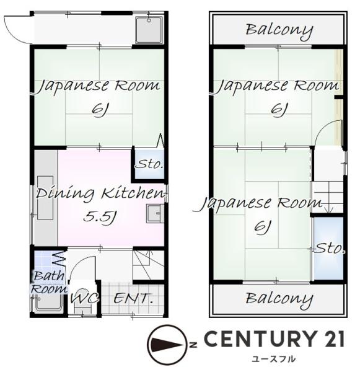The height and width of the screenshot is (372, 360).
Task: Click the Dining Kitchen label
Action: pyautogui.click(x=100, y=193)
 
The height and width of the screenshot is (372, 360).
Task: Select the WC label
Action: pyautogui.click(x=84, y=298)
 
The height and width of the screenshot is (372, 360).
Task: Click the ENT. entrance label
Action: pyautogui.click(x=133, y=298)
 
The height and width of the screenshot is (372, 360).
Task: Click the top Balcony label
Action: pyautogui.click(x=279, y=30)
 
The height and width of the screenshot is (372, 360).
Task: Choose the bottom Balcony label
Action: pyautogui.click(x=279, y=299)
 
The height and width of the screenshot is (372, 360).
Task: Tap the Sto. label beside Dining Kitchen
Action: pyautogui.click(x=149, y=164)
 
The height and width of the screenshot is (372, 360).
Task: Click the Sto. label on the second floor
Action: pyautogui.click(x=330, y=249)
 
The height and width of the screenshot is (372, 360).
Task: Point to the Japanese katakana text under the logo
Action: pyautogui.click(x=273, y=358)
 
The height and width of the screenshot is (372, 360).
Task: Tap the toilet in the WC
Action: pyautogui.click(x=82, y=301)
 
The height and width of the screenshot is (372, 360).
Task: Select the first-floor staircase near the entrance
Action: pyautogui.click(x=149, y=265)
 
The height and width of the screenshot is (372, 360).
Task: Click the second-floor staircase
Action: pyautogui.click(x=328, y=197)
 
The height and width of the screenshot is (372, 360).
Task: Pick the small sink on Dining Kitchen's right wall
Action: pyautogui.click(x=155, y=213)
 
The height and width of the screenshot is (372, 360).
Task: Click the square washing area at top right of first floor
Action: pyautogui.click(x=149, y=30)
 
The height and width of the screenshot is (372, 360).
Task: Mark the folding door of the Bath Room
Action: pyautogui.click(x=59, y=259)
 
